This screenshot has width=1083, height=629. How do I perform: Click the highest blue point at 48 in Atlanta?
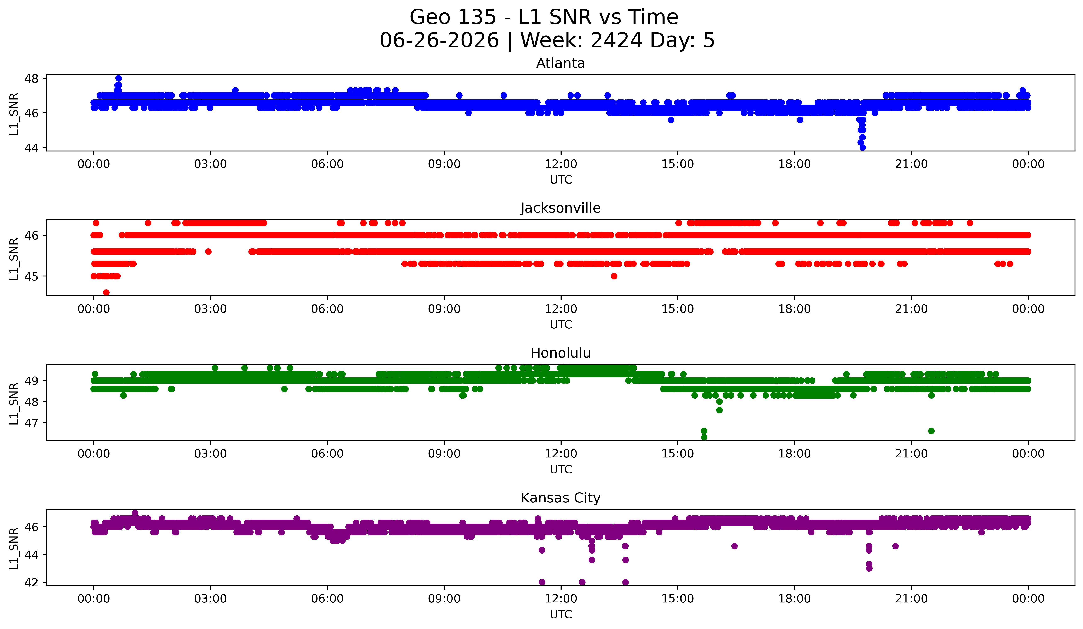(119, 78)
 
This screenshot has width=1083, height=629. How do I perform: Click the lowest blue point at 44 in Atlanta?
(862, 147)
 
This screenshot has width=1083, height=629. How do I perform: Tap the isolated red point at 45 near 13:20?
(614, 276)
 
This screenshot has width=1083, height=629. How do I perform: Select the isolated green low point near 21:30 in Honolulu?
(931, 431)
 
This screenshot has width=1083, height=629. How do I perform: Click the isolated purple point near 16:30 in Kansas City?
(734, 546)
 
